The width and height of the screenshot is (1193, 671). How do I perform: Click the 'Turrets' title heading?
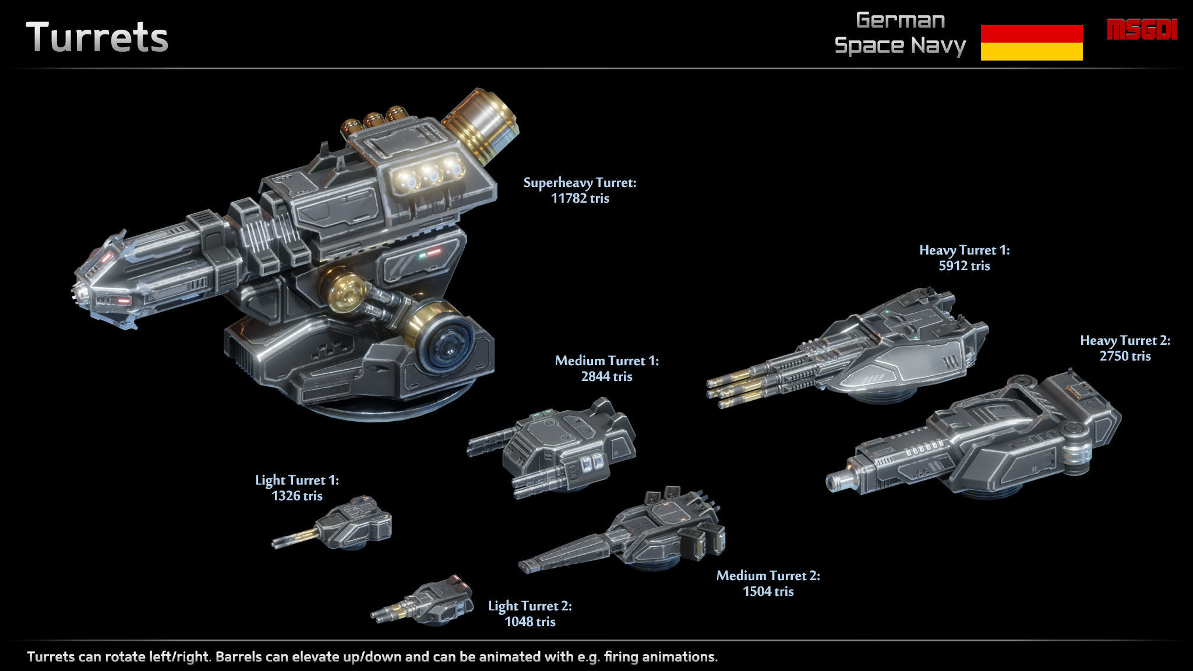pos(97,38)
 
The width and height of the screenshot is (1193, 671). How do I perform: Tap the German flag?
pos(1031,43)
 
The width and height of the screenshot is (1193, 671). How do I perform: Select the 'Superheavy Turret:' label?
pos(580,183)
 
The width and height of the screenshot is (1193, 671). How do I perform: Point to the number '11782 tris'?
pos(580,199)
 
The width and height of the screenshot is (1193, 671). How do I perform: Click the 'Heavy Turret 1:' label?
pos(964,250)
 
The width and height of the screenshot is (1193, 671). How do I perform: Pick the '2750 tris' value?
pos(1125,356)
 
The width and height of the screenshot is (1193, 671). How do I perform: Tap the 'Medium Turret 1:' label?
pos(606,361)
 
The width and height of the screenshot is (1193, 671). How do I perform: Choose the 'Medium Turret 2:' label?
pos(768,576)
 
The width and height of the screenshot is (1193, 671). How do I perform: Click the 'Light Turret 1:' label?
pos(297,481)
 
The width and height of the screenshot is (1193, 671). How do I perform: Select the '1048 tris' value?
pos(530,622)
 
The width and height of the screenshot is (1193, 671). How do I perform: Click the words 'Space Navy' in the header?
pos(899,45)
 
